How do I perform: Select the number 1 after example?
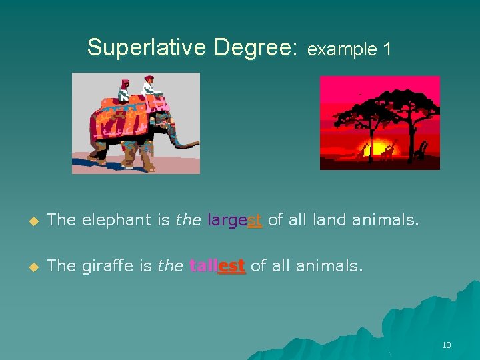385,49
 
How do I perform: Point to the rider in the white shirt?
150,86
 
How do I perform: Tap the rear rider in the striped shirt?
124,90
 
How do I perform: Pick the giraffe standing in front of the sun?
387,151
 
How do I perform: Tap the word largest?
235,220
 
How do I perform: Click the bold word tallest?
217,266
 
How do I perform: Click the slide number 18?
446,345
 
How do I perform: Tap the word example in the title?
340,49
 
